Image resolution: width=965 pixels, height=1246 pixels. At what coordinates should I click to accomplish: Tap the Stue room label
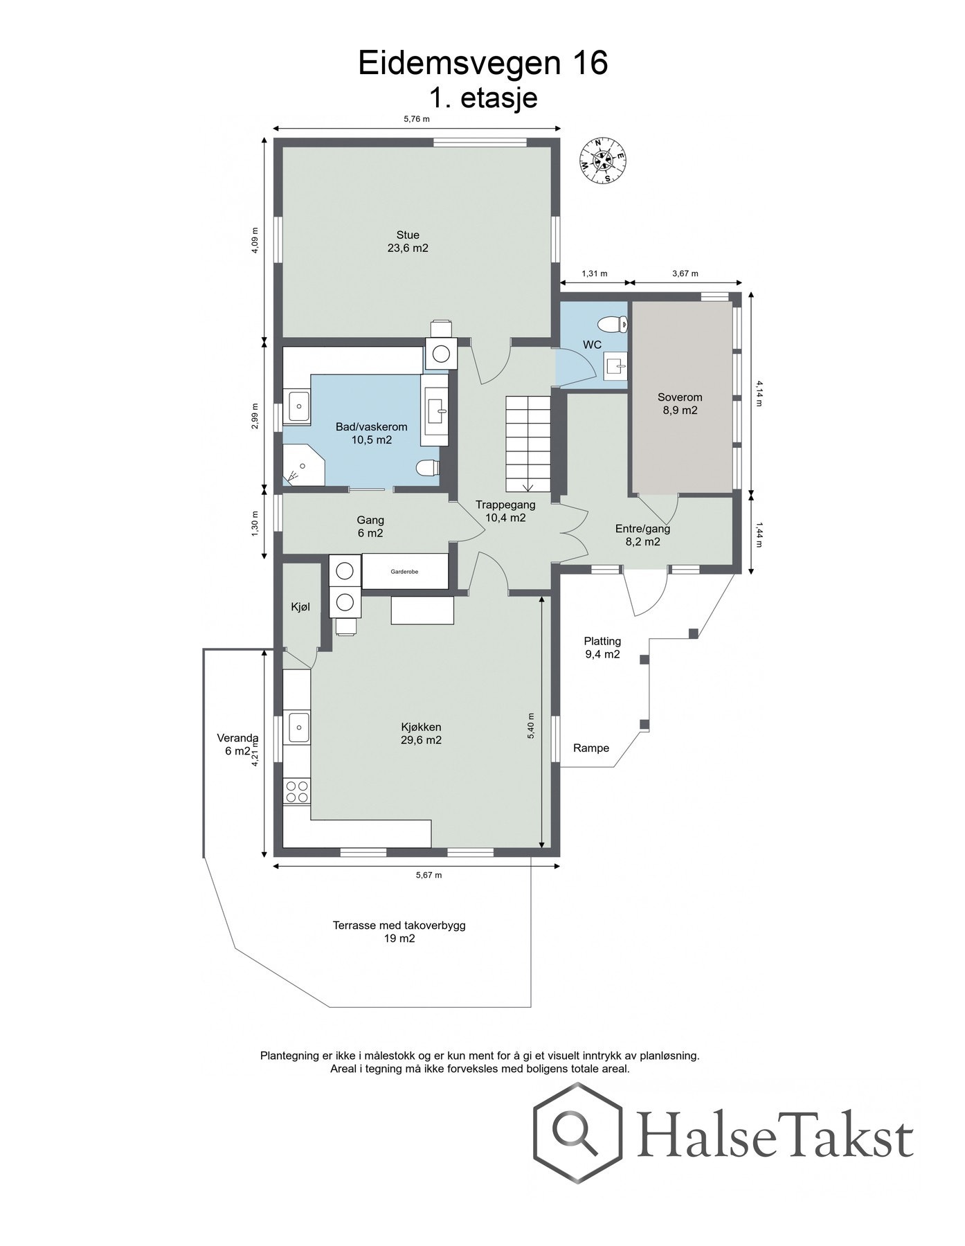tap(408, 235)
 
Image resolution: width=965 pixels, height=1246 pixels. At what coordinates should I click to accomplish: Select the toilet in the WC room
tap(613, 323)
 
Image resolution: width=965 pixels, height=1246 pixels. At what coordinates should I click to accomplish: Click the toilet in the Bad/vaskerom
tap(429, 469)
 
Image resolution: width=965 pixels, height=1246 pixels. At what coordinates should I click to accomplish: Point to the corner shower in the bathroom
tap(303, 465)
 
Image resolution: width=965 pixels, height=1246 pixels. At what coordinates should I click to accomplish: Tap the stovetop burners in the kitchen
tap(297, 791)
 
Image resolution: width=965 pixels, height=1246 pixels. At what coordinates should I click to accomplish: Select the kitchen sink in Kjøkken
tap(298, 727)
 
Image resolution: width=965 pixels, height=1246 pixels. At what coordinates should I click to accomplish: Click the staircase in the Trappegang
tap(528, 443)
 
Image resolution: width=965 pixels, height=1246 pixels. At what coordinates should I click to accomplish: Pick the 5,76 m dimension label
tap(417, 118)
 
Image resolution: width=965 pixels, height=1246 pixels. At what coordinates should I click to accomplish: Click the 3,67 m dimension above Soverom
tap(685, 273)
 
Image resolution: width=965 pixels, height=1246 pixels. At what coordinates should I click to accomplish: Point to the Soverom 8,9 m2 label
tap(680, 404)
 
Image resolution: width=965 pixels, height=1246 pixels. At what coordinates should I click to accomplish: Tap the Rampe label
tap(591, 748)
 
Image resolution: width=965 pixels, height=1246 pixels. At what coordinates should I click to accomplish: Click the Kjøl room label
tap(300, 607)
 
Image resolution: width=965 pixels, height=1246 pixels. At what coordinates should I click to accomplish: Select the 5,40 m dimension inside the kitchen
tap(531, 726)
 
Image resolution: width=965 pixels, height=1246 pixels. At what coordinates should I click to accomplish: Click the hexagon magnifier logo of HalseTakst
tap(577, 1134)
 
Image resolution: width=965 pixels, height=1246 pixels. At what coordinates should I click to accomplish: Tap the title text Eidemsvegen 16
tap(482, 63)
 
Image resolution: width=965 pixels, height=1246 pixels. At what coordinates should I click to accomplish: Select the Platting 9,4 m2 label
tap(602, 647)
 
